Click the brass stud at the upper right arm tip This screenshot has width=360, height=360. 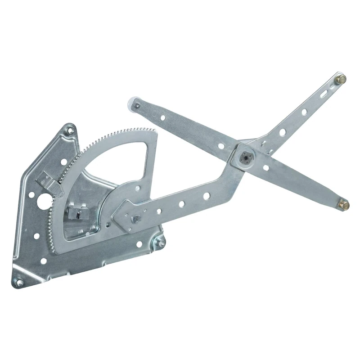(x=341, y=79)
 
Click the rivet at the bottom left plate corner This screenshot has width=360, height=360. (x=19, y=282)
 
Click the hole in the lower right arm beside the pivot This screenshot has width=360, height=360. (x=266, y=168)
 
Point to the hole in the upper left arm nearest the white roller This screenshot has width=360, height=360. (x=162, y=118)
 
